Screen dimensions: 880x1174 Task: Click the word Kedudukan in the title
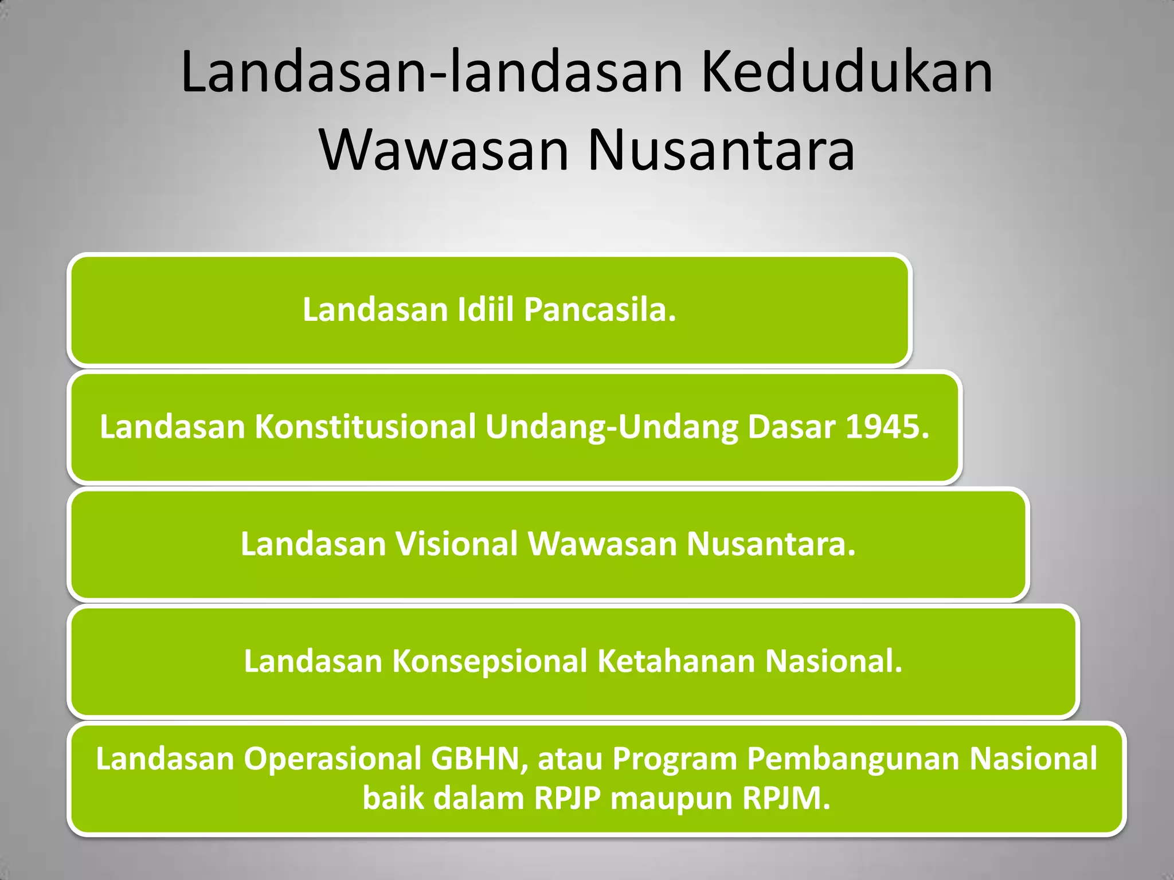[846, 73]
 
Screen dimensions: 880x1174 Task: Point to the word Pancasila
[600, 310]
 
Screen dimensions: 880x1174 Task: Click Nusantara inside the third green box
[771, 544]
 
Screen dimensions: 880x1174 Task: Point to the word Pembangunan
[853, 759]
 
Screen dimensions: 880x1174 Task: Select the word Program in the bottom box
[674, 759]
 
